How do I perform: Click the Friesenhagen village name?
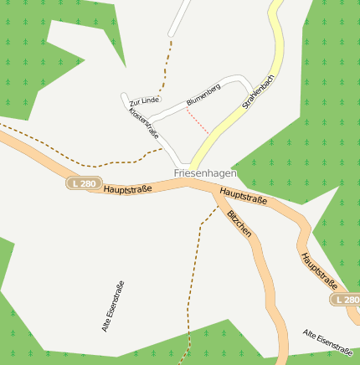(205, 173)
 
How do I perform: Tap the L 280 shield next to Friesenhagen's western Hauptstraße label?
(85, 183)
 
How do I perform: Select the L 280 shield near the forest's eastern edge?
(346, 300)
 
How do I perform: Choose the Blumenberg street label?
(203, 95)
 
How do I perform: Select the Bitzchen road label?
(239, 224)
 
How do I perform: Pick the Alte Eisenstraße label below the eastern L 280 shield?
(331, 340)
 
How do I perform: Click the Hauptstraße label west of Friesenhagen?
(128, 189)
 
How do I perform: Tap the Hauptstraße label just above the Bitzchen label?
(243, 198)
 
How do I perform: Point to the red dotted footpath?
(198, 121)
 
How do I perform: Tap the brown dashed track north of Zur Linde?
(168, 63)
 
